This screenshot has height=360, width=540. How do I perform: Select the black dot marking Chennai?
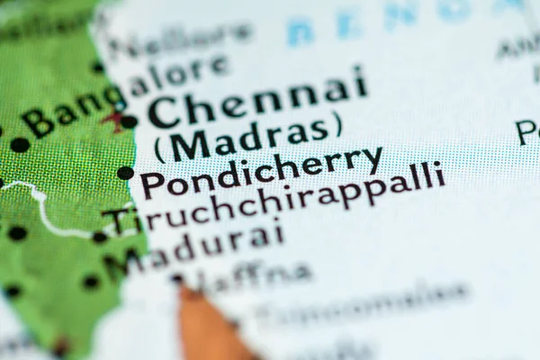click(x=130, y=121)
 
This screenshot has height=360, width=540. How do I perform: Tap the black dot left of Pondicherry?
click(x=125, y=173)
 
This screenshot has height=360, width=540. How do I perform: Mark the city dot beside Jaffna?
click(x=177, y=280)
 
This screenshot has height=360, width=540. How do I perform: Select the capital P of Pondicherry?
click(x=151, y=184)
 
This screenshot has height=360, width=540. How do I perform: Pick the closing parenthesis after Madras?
click(x=338, y=124)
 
